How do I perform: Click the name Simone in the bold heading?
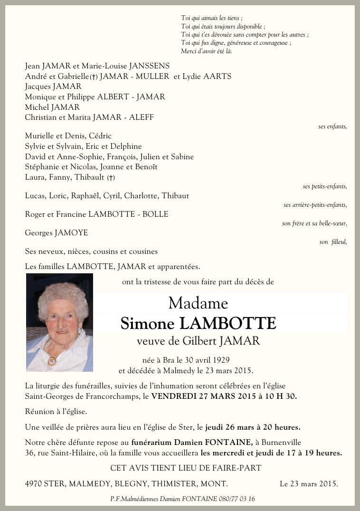point(148,323)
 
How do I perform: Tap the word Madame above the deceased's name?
point(198,303)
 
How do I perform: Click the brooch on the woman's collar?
point(51,360)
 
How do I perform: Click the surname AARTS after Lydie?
point(218,77)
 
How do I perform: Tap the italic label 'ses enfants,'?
point(332,126)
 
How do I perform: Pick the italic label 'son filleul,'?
point(333,242)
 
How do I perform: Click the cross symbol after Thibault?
point(111,178)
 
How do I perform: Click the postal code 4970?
point(33,484)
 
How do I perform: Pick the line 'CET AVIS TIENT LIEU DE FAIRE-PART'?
point(186,468)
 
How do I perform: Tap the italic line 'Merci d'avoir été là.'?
point(207,51)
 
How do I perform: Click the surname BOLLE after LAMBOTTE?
point(156,214)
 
